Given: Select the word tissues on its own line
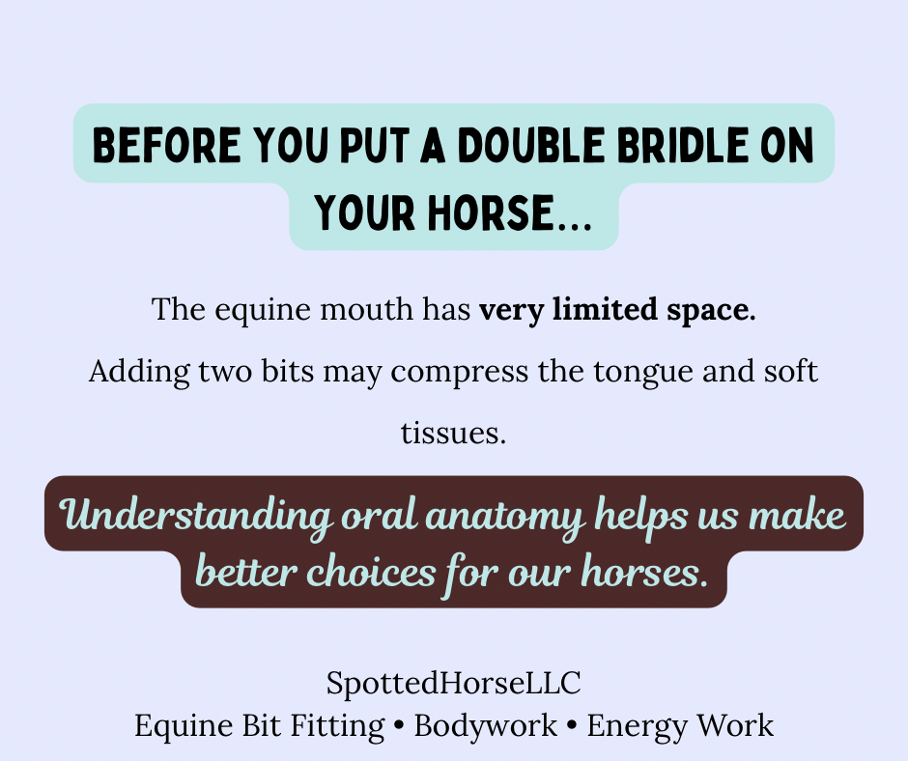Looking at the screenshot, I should (x=453, y=434).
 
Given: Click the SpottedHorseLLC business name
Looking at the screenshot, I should (x=453, y=684).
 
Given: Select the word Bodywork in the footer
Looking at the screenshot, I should (x=485, y=725).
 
